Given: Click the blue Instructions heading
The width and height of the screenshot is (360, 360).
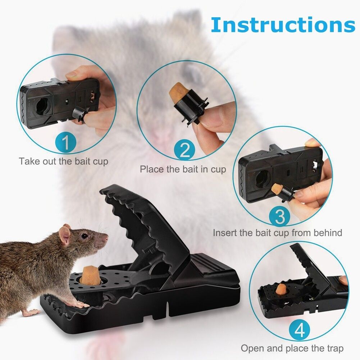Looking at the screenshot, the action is (283, 25).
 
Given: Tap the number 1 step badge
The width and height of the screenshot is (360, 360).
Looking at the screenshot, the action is (66, 143).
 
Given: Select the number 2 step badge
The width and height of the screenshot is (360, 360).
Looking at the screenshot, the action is (185, 150).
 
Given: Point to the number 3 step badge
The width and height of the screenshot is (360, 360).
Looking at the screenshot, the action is (280, 216).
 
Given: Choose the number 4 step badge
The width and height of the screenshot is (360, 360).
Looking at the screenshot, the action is (300, 331).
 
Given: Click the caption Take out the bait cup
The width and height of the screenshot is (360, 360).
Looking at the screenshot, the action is (63, 161).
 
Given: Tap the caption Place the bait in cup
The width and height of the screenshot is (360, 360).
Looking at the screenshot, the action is (183, 169).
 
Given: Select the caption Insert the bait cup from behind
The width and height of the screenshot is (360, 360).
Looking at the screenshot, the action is (277, 233).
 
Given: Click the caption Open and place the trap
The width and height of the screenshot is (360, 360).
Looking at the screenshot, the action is (292, 348).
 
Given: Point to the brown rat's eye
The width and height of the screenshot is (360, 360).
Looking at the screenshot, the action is (85, 236).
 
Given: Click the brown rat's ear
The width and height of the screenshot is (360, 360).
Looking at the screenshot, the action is (65, 234).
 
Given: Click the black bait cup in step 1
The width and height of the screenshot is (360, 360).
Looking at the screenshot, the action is (78, 114).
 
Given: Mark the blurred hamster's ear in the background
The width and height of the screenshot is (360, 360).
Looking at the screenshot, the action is (193, 73).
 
